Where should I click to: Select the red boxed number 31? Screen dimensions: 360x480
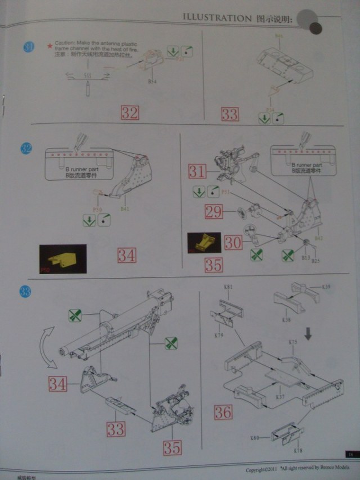tap(197, 170)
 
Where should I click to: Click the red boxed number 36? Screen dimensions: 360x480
tap(223, 411)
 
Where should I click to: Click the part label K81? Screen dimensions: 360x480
tap(228, 288)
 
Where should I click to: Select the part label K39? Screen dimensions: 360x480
tap(326, 288)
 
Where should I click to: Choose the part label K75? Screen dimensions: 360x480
tap(292, 342)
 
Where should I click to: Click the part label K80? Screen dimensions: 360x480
tap(254, 437)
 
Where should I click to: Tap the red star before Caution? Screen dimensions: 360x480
tap(49, 44)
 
